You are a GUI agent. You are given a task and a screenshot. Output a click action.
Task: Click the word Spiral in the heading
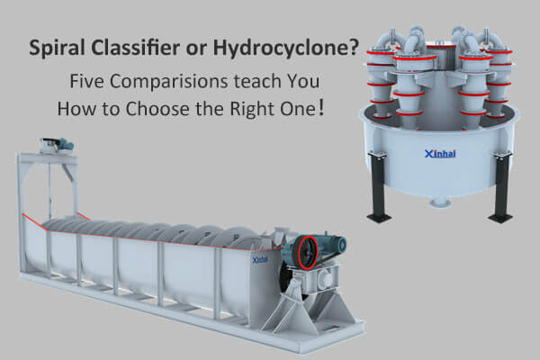(57, 49)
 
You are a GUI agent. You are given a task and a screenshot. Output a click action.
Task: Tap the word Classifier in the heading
(135, 47)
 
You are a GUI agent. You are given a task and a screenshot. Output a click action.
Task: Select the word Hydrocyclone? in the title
(286, 49)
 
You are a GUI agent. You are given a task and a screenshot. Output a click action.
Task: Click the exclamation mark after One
(321, 109)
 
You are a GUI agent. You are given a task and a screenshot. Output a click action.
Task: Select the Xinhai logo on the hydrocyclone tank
(440, 154)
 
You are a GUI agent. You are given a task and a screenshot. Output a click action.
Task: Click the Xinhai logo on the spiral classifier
(260, 259)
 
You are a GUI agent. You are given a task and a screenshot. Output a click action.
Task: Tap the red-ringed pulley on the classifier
(307, 253)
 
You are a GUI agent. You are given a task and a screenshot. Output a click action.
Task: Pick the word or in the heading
(196, 50)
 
